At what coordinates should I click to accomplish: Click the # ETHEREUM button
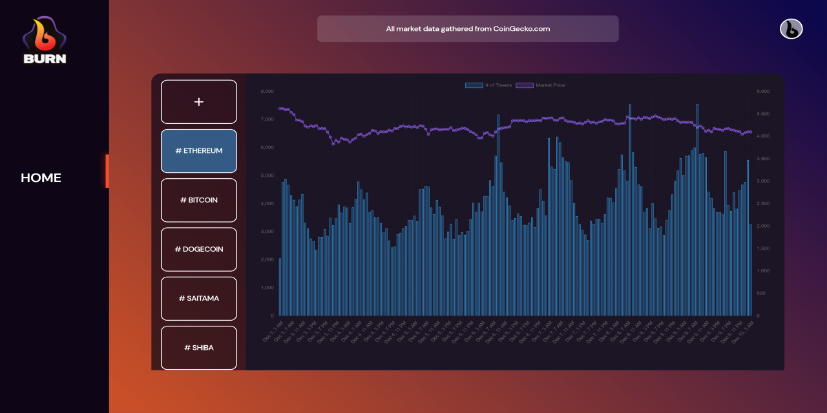[x=199, y=151]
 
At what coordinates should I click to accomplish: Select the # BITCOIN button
[x=199, y=200]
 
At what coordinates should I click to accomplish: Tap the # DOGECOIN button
[x=199, y=249]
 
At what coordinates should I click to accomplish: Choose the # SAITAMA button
[x=199, y=298]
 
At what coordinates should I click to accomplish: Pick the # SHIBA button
[x=199, y=347]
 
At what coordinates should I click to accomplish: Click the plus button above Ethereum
[x=199, y=102]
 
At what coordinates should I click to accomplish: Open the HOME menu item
[x=41, y=177]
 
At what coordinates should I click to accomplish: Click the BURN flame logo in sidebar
[x=45, y=40]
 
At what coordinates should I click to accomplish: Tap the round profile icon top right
[x=791, y=29]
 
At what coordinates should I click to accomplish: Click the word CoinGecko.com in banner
[x=521, y=29]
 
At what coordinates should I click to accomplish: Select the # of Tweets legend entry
[x=489, y=85]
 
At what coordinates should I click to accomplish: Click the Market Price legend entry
[x=541, y=85]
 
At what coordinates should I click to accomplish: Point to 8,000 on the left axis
[x=267, y=92]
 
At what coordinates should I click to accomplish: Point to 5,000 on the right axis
[x=762, y=92]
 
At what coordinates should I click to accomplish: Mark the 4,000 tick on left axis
[x=267, y=203]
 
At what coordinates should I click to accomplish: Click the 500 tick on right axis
[x=760, y=293]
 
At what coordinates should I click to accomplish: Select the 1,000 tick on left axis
[x=267, y=288]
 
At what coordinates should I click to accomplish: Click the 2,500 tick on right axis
[x=762, y=203]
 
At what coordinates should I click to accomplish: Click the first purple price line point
[x=280, y=108]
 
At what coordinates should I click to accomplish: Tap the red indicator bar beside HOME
[x=107, y=171]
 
